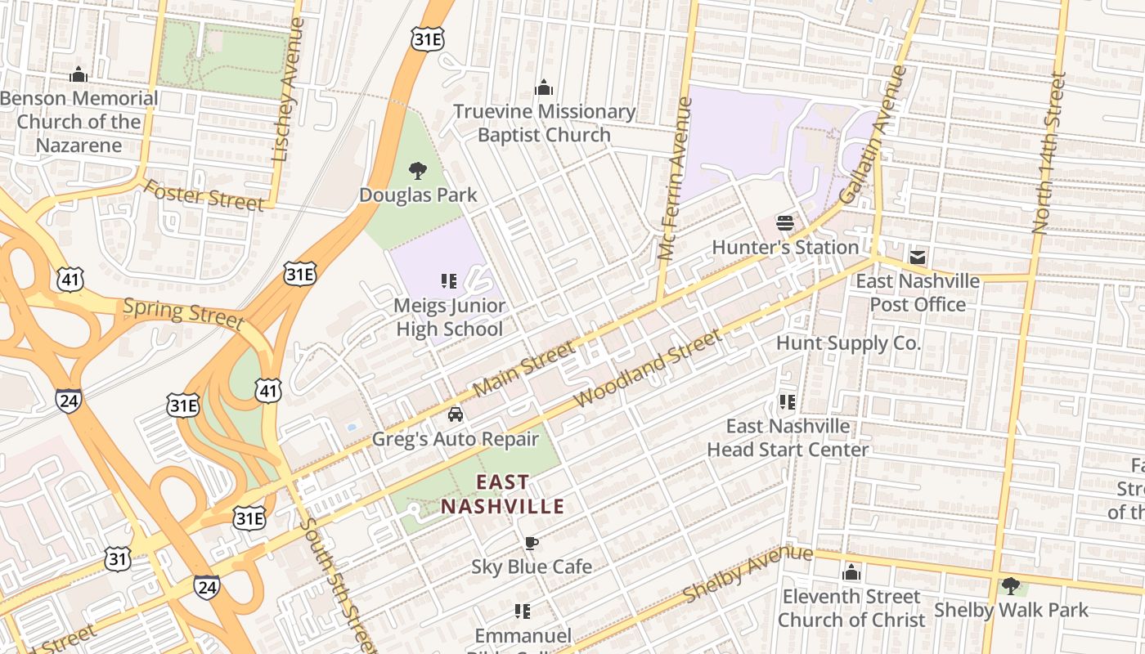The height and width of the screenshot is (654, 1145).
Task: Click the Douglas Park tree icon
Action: [x=418, y=171]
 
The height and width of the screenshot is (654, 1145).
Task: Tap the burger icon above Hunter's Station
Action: [x=785, y=223]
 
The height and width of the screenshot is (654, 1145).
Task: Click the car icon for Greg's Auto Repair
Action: [x=456, y=414]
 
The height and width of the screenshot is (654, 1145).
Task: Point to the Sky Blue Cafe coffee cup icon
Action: [x=531, y=543]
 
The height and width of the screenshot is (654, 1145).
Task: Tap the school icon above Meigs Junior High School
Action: [x=448, y=282]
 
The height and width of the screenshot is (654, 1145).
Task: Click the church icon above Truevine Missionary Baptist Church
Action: [x=544, y=87]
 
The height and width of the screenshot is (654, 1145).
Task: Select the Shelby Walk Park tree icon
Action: [x=1011, y=585]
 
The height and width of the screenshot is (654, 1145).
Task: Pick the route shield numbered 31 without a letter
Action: [x=117, y=559]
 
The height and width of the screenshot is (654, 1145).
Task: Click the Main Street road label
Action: [x=524, y=368]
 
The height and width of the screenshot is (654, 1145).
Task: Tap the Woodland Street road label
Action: [x=649, y=369]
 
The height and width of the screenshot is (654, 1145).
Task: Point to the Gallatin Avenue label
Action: [x=873, y=136]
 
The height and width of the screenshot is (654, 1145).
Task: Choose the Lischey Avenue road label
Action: [x=290, y=90]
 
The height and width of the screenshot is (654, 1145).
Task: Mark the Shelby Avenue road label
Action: [x=748, y=574]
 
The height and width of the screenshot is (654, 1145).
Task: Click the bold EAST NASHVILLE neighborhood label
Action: [x=502, y=495]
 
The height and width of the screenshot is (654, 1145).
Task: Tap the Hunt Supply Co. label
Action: [x=848, y=343]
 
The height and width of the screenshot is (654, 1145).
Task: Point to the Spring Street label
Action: [x=182, y=313]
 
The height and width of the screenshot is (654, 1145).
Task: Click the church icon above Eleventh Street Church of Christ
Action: [x=851, y=572]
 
